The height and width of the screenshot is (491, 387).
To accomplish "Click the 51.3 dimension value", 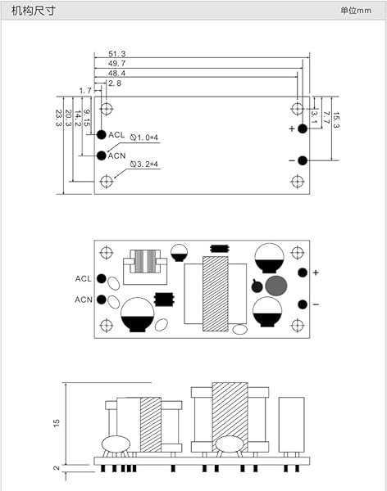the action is pyautogui.click(x=117, y=53).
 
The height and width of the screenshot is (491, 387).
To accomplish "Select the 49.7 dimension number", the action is pyautogui.click(x=117, y=63).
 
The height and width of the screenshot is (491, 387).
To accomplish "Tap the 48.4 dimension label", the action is pyautogui.click(x=117, y=73).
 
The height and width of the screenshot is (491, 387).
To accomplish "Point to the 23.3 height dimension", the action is pyautogui.click(x=59, y=118).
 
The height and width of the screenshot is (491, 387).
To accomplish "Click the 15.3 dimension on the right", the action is pyautogui.click(x=336, y=120).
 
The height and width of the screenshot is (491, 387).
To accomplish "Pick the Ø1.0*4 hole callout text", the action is pyautogui.click(x=144, y=137).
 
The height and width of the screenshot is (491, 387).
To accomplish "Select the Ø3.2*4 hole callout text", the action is pyautogui.click(x=144, y=164).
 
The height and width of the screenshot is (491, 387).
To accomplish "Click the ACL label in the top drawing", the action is pyautogui.click(x=116, y=135).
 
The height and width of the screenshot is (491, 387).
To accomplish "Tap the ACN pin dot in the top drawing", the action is pyautogui.click(x=102, y=155).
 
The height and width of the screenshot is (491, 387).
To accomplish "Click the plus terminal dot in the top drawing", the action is pyautogui.click(x=303, y=128).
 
